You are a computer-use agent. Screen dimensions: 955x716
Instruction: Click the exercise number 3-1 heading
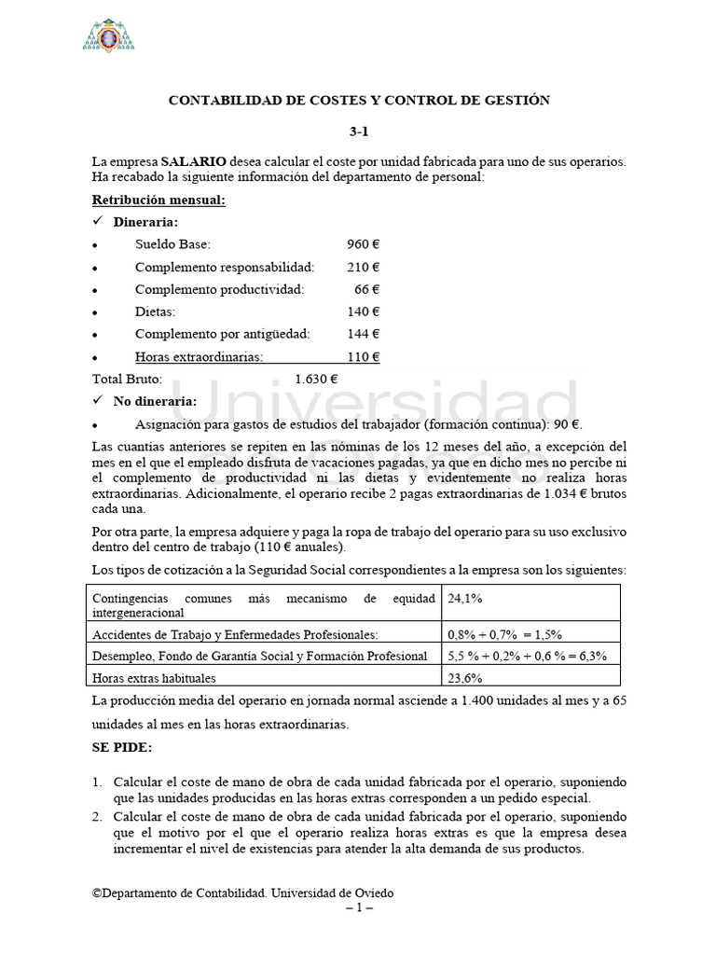(358, 131)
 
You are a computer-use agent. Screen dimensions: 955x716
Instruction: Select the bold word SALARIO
(193, 161)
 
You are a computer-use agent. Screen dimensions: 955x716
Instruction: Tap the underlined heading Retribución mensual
(158, 201)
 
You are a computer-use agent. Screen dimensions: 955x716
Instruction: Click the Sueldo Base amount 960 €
(363, 244)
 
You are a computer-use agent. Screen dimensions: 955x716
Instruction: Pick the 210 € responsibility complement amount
(363, 267)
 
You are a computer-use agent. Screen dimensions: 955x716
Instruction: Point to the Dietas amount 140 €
(363, 311)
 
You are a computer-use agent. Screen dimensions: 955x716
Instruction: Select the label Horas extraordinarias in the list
(199, 356)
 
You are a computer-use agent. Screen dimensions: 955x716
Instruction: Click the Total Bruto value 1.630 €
(316, 380)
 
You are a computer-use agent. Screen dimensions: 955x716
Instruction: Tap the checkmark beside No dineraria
(98, 402)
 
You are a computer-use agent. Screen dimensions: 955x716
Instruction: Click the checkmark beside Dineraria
(98, 223)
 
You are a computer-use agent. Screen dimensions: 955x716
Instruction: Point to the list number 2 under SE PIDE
(97, 816)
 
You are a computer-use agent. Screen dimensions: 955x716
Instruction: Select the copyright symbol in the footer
(96, 893)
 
